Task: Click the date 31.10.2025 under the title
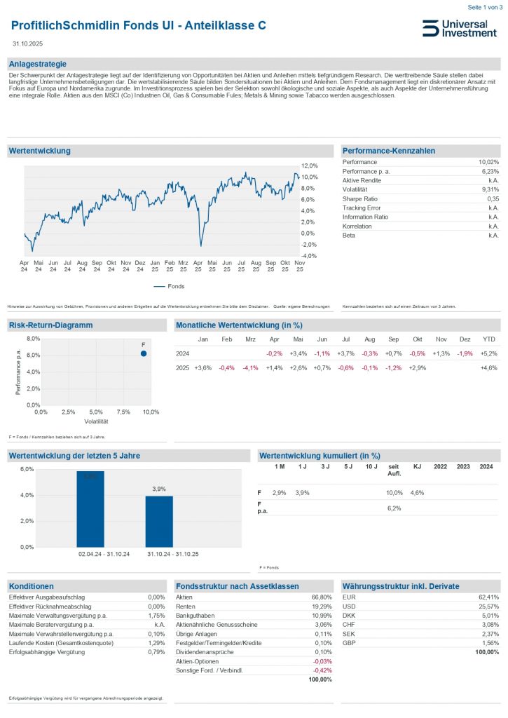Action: pos(27,43)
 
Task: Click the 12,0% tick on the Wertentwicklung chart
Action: pos(309,165)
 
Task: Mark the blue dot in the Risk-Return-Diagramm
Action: pos(143,353)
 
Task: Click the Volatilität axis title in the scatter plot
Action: pos(96,421)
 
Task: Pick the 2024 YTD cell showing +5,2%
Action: pos(488,353)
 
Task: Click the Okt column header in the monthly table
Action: pos(417,339)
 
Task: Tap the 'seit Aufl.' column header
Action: pos(394,470)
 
